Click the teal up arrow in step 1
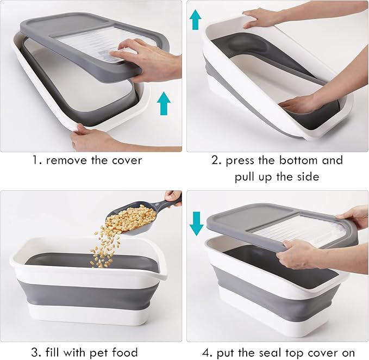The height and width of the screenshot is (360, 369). (x=164, y=103)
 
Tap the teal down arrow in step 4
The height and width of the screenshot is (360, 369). (x=196, y=224)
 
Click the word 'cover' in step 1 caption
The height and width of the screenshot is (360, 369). (x=127, y=160)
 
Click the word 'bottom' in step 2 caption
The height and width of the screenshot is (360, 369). (x=298, y=160)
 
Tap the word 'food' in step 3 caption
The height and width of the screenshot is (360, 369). (x=124, y=352)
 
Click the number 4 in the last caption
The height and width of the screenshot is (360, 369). (x=207, y=353)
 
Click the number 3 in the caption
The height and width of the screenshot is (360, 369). (x=35, y=352)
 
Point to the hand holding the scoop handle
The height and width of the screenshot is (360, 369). (x=173, y=198)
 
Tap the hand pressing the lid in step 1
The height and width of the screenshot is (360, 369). (x=146, y=58)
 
